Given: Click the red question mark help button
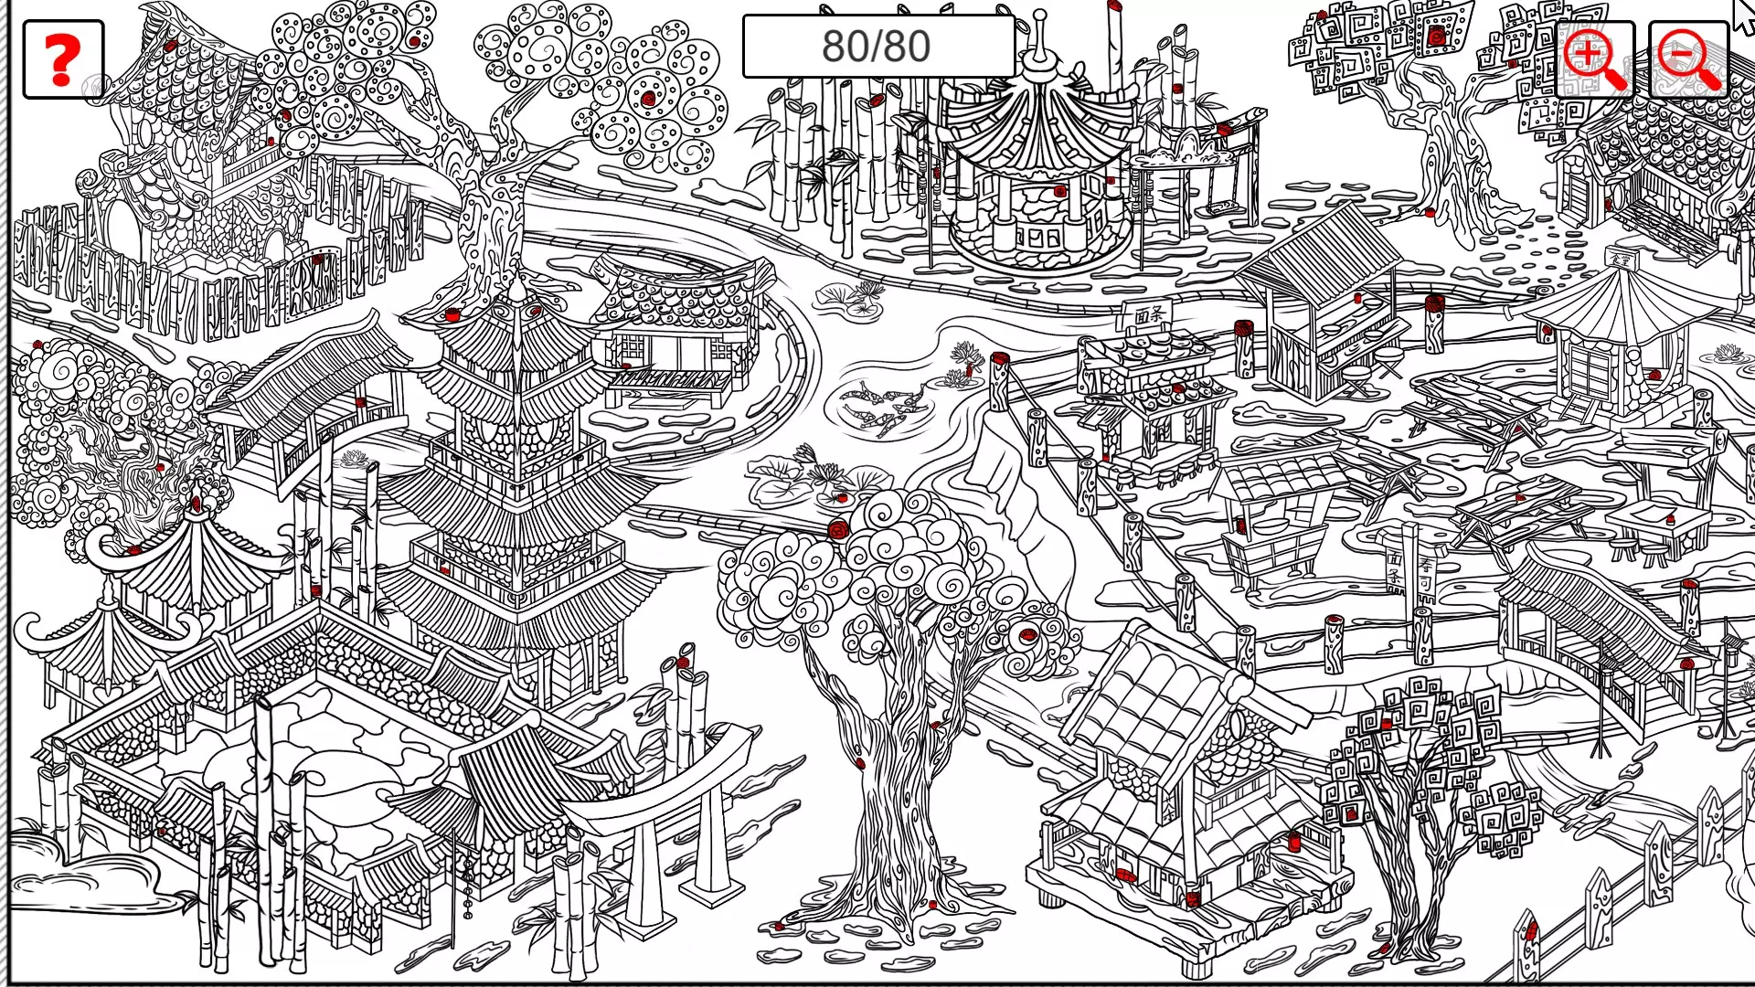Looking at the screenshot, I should (62, 59).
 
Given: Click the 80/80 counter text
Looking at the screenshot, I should (876, 46).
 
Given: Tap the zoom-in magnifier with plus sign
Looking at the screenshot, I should (1594, 59).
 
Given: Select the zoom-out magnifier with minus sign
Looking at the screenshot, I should (1689, 59).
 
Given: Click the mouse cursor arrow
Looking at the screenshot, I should (1742, 14).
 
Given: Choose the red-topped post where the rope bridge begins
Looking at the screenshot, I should (1000, 379).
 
